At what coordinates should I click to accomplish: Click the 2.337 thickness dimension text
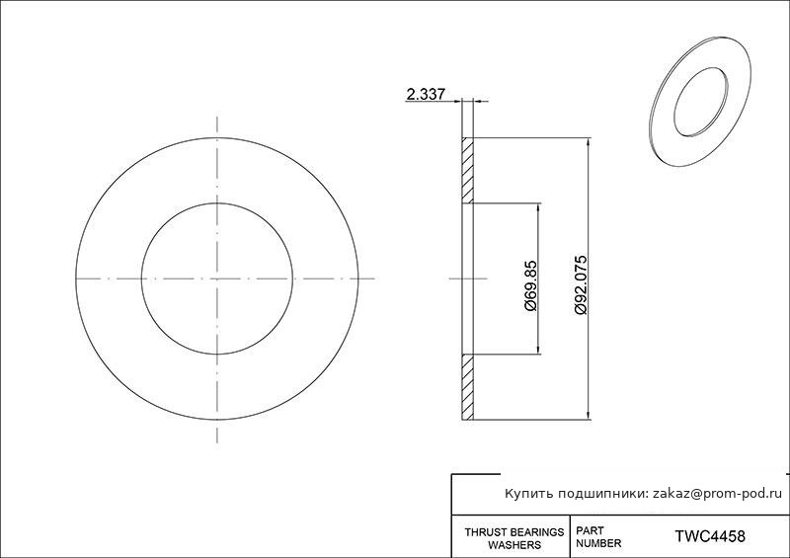pos(426,94)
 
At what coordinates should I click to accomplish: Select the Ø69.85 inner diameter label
pos(530,285)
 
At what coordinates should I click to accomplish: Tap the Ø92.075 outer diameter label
pos(580,285)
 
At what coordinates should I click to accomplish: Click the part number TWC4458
pos(710,536)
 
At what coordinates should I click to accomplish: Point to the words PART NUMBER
pos(598,537)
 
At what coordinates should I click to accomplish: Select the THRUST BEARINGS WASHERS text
pos(514,538)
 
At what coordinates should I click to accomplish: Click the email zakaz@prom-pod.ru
pos(718,494)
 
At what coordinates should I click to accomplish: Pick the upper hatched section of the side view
pos(467,171)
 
